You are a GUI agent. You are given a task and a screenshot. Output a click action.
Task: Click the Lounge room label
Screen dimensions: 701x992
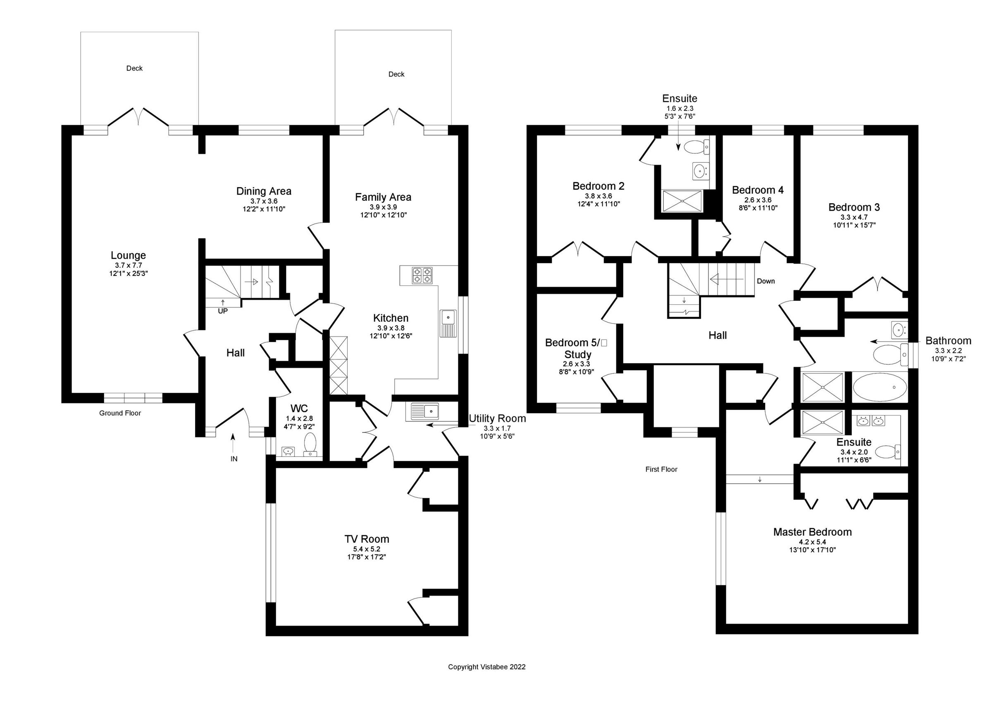tap(128, 255)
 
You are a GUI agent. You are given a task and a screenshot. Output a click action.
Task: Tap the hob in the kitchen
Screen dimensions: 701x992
tap(422, 276)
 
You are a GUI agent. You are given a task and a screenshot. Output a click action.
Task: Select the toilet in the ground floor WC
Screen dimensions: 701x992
tap(310, 444)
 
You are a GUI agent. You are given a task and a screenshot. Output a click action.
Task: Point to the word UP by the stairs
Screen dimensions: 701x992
tap(222, 311)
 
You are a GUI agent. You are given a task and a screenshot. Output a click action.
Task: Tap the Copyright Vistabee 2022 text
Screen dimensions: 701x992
tap(486, 667)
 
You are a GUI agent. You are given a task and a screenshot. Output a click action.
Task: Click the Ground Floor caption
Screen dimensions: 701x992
tap(120, 413)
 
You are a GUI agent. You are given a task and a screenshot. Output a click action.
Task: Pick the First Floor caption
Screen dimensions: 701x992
tap(661, 469)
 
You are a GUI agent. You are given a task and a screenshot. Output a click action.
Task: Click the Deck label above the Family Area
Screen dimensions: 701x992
tap(396, 74)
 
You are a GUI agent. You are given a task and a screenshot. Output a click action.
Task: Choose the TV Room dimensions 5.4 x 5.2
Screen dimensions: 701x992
tap(366, 549)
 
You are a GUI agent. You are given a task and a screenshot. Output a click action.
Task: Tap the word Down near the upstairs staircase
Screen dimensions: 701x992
tap(765, 281)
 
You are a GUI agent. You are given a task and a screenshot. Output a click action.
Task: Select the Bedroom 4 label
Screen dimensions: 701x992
tap(757, 190)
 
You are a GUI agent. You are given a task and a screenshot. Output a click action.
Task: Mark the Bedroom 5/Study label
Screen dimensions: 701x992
tap(576, 348)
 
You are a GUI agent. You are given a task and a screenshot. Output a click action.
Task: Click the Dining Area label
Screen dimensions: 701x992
tap(264, 191)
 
